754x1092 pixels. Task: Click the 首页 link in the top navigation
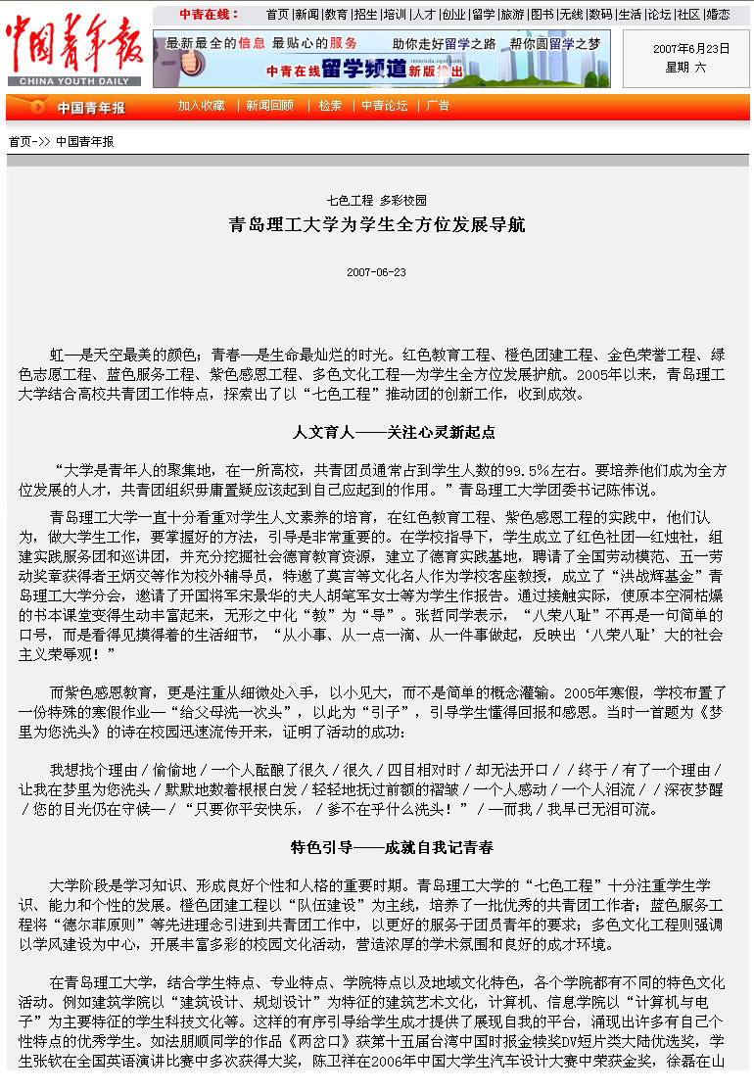[277, 15]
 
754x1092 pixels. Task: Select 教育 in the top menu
[336, 15]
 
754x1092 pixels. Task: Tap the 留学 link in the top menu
[483, 15]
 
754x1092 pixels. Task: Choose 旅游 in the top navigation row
[512, 15]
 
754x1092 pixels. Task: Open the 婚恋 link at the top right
[718, 15]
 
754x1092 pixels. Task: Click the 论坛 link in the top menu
[659, 15]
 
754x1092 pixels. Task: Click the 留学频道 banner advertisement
[381, 59]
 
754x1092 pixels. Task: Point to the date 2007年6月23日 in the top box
[691, 48]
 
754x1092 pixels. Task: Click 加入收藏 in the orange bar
[201, 106]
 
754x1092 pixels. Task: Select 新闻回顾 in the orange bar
[269, 106]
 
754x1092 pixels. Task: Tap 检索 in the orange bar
[330, 106]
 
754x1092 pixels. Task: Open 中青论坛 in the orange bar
[384, 106]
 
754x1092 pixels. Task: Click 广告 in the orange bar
[438, 106]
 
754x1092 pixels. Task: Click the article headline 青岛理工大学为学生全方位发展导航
[377, 225]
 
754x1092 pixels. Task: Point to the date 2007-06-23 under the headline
[376, 272]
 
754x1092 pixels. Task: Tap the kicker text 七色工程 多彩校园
[377, 200]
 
